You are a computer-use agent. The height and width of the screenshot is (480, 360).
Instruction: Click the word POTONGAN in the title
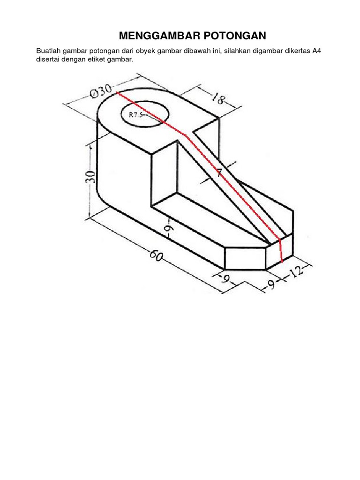click(x=235, y=36)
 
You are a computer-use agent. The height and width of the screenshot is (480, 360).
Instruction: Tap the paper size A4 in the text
click(x=316, y=51)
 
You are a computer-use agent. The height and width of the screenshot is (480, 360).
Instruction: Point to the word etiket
click(x=97, y=59)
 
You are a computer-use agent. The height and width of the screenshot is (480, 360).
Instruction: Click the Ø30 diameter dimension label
click(x=101, y=91)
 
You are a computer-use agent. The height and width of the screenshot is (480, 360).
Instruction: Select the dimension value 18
click(x=218, y=98)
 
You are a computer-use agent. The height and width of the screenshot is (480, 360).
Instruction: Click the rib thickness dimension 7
click(x=219, y=173)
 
